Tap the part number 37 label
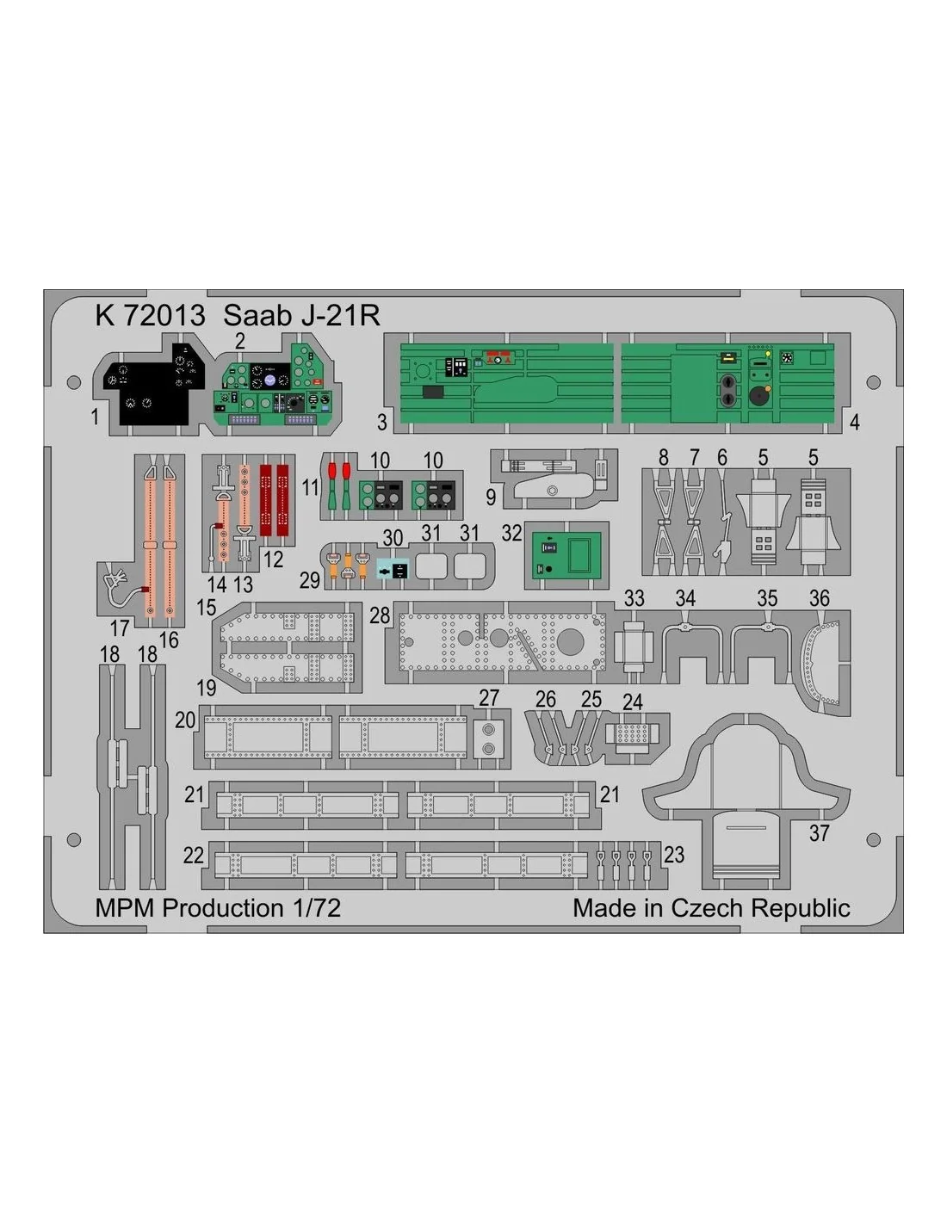[819, 833]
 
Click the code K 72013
[151, 315]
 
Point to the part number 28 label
[380, 615]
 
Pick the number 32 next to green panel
[511, 533]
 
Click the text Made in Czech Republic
[711, 908]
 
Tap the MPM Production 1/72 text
[218, 908]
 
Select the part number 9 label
[491, 497]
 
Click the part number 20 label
[185, 720]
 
